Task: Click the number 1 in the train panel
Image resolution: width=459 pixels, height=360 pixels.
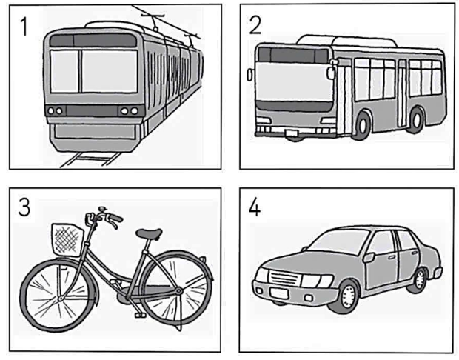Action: (x=24, y=27)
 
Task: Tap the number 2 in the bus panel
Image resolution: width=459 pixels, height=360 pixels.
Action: (x=256, y=25)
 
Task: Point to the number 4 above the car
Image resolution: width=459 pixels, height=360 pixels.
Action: (x=255, y=208)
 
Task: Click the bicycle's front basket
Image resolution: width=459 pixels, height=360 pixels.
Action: (x=65, y=239)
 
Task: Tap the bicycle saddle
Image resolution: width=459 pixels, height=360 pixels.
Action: (x=149, y=234)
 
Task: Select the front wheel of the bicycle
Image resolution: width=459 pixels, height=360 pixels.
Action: (x=57, y=293)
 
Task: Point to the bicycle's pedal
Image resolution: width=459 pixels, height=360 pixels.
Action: (x=139, y=314)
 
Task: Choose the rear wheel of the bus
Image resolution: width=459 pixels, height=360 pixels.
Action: (x=417, y=120)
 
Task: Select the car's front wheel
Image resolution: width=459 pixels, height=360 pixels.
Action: (x=345, y=296)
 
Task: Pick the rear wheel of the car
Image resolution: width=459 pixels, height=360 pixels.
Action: (x=420, y=279)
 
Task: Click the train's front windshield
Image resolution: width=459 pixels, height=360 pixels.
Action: (x=94, y=70)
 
